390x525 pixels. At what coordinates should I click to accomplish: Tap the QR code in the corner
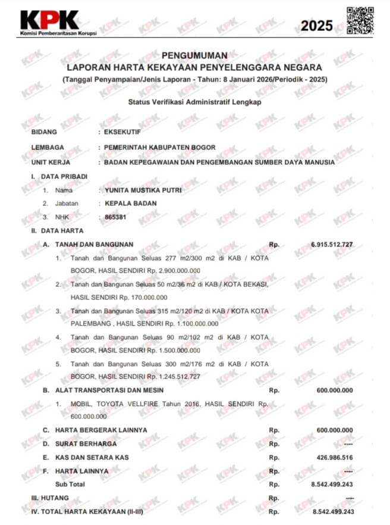[x=360, y=20]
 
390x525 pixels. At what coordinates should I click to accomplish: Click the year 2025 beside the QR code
[x=317, y=26]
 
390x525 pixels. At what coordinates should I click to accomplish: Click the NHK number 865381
[x=116, y=217]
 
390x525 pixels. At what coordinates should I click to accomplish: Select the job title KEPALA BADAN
[x=131, y=204]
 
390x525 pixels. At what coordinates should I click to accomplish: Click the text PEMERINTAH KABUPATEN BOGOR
[x=159, y=147]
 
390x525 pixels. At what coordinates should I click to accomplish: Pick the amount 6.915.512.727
[x=332, y=245]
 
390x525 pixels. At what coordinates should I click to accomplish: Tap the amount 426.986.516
[x=332, y=457]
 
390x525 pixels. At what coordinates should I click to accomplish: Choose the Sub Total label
[x=70, y=484]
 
